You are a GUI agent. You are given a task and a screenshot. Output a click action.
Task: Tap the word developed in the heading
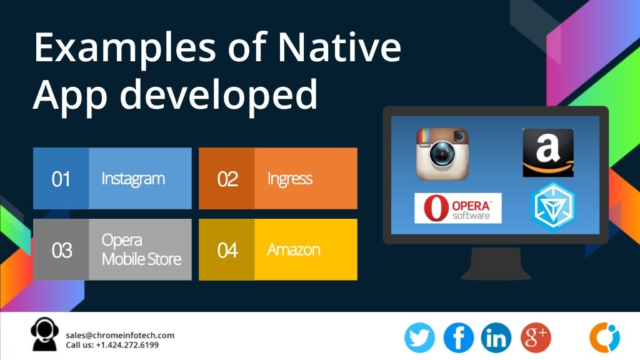pos(219,95)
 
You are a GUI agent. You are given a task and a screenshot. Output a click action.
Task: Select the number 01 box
pos(61,179)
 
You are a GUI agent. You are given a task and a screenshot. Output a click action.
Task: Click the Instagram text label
pos(133,179)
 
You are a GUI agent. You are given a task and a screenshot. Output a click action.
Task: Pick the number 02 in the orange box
pos(227,179)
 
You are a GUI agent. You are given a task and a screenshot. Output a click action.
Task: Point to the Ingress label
pos(289,179)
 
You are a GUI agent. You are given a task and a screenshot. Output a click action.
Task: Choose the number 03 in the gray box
pos(61,250)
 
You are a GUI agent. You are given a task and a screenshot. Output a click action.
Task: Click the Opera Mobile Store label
pos(141,249)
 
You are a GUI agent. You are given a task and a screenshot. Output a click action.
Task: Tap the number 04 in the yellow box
pos(227,250)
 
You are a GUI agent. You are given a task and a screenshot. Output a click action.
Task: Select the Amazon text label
pos(294,249)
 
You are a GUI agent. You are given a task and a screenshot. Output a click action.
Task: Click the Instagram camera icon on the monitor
pos(442,154)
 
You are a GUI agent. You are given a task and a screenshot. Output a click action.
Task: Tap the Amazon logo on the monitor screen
pos(548,152)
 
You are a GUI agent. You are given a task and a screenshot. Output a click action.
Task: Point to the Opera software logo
pos(458,208)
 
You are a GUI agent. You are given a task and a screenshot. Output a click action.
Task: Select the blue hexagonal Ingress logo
pos(552,207)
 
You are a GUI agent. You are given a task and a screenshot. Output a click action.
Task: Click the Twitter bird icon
pos(419,337)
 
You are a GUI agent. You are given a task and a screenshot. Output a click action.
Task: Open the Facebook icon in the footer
pos(459,337)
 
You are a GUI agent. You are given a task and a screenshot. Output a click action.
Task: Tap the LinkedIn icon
pos(496,337)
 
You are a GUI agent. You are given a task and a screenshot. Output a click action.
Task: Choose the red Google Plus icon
pos(536,337)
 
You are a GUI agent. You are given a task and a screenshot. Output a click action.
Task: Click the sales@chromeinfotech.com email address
pos(120,335)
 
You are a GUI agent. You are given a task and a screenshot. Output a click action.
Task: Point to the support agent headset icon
pos(44,334)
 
